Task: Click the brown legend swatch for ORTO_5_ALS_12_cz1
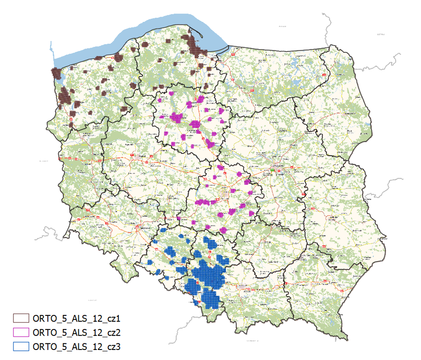tap(21, 318)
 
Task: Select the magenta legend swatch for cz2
tap(21, 332)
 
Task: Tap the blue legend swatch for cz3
tap(21, 346)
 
